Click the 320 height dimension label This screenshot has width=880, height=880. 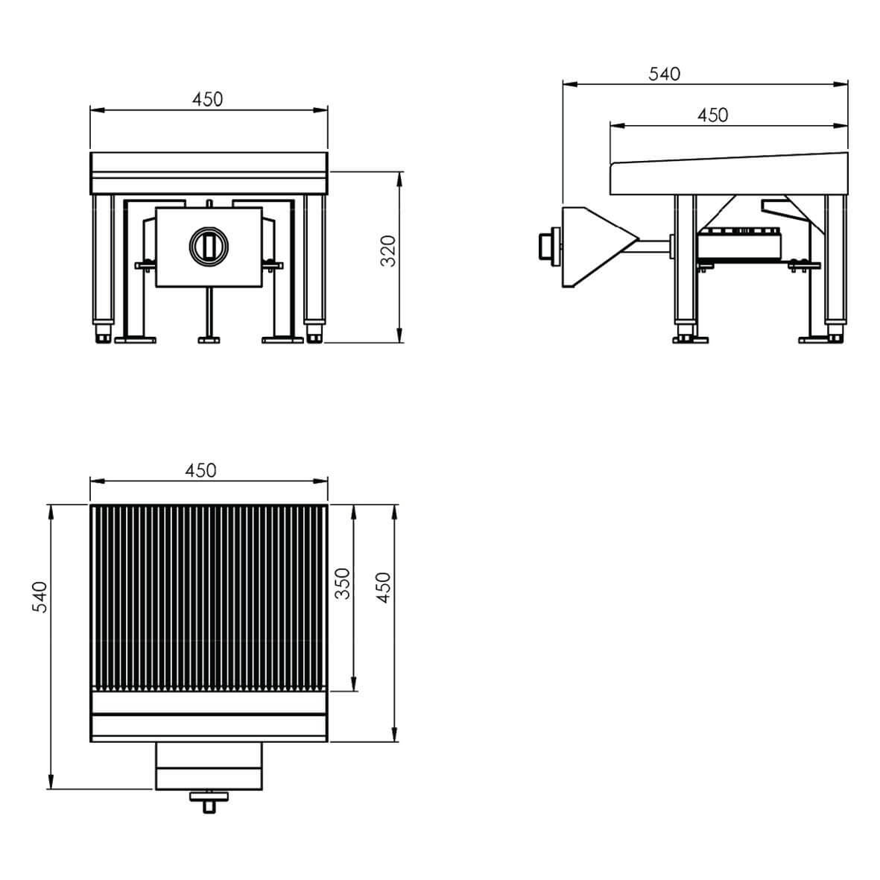pos(387,251)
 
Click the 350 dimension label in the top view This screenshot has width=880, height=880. pos(342,583)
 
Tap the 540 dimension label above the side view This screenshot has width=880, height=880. pos(665,74)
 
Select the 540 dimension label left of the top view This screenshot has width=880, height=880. pos(39,597)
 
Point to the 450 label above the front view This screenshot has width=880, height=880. pos(208,99)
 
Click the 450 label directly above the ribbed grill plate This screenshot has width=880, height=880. pos(201,470)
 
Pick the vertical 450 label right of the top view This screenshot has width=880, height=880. pos(383,588)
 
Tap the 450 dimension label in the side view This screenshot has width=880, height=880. pos(713,115)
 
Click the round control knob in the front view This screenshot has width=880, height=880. pos(209,245)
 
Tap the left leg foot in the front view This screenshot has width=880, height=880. pos(104,333)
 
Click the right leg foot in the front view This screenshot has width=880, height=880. pos(314,333)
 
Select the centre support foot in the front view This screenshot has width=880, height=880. pos(209,339)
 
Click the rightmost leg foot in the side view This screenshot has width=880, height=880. pos(835,333)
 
